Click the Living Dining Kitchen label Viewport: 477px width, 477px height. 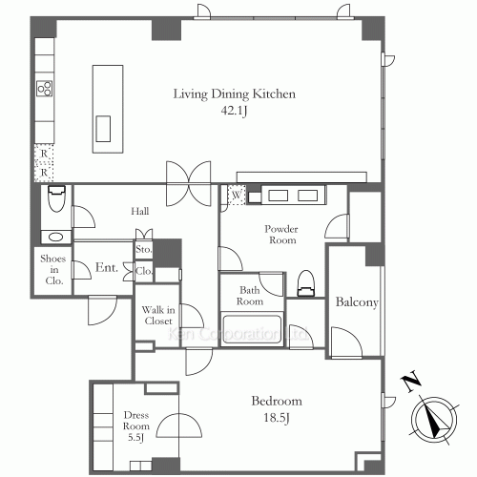235,94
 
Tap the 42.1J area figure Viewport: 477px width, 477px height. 234,111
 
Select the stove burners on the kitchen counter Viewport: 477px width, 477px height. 45,89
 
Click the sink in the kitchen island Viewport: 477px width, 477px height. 103,129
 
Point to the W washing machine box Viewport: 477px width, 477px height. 237,195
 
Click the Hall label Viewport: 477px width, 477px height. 140,211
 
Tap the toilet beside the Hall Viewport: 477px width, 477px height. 56,198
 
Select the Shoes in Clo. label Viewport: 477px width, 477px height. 53,270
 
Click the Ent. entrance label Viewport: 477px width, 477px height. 107,267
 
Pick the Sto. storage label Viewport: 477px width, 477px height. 144,249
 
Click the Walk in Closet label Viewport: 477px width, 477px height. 158,315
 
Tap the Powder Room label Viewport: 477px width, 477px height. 281,235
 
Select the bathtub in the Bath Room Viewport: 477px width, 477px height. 252,329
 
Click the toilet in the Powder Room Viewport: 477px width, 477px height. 305,283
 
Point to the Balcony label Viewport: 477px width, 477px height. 357,302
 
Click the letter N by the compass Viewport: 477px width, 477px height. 411,381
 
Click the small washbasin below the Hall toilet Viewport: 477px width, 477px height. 55,237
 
